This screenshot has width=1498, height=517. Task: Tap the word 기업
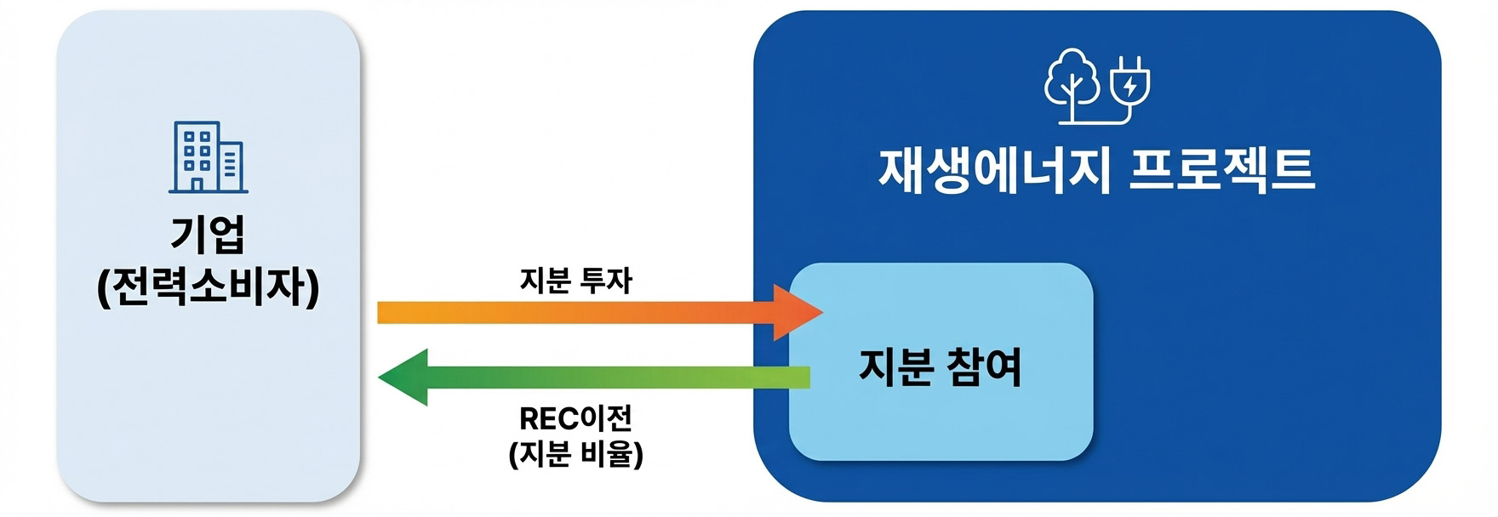coord(209,234)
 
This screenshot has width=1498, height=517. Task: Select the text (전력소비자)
coord(209,287)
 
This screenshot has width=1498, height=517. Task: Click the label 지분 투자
coord(576,281)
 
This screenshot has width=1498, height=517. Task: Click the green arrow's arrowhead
coord(403,377)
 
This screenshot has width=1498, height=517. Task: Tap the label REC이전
coord(576,418)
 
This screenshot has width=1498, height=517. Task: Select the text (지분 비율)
coord(576,454)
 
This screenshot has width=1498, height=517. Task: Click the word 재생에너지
coord(993,171)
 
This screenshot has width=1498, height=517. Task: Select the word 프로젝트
coord(1222,171)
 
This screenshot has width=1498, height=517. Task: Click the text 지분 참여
coord(941,367)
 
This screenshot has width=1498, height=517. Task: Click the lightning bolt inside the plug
coord(1129,85)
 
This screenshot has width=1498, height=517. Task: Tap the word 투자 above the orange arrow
coord(606,281)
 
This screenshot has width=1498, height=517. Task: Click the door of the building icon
coord(197,184)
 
